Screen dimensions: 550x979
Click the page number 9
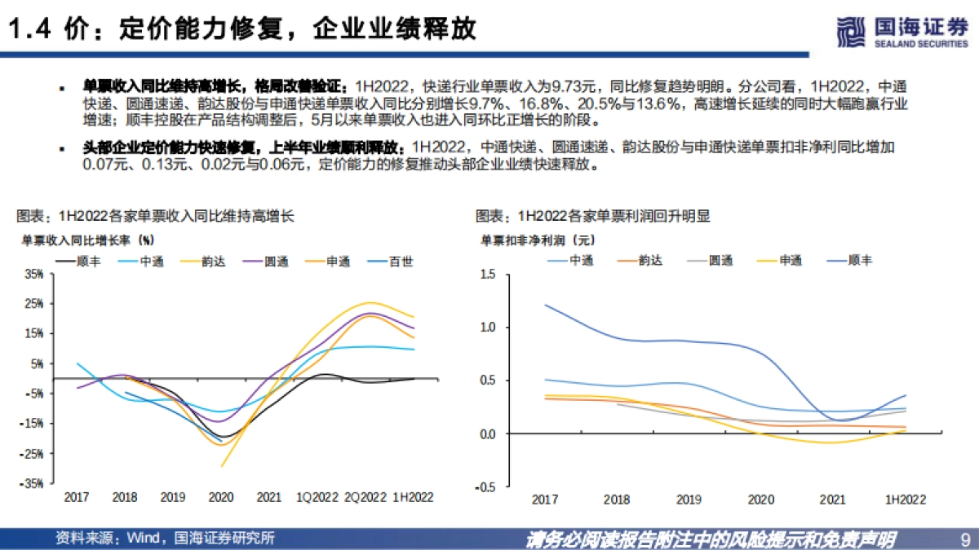click(x=964, y=539)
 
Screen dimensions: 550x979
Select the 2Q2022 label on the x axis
click(x=365, y=497)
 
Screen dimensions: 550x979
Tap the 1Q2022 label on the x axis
click(x=317, y=497)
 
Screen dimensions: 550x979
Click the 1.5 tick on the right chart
click(x=489, y=275)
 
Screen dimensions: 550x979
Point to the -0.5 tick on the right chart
click(x=487, y=487)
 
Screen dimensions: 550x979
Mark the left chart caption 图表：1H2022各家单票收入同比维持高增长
click(x=155, y=217)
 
